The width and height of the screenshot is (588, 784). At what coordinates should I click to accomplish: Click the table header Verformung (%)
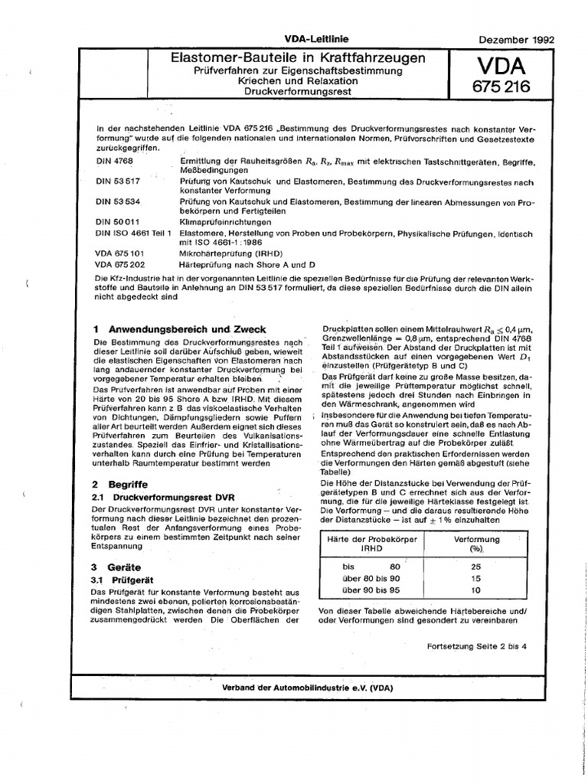coord(478,544)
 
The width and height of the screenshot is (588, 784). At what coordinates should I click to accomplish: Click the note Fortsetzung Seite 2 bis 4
coord(476,645)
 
